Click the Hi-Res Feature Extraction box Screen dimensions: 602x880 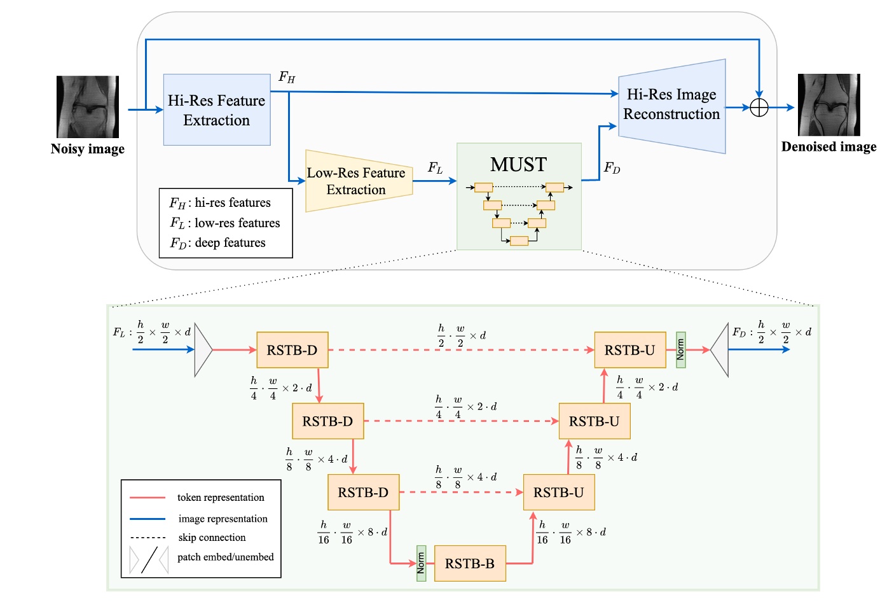tap(217, 109)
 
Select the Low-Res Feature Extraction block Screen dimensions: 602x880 tap(358, 181)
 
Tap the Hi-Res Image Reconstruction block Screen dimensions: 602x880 tap(672, 105)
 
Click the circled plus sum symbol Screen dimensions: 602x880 tap(759, 108)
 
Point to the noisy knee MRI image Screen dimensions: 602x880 tap(88, 107)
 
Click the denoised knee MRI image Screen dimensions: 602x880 tap(828, 105)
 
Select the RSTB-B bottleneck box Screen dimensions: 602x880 tap(470, 563)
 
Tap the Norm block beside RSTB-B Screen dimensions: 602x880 tap(421, 563)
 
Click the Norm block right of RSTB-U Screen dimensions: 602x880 tap(680, 350)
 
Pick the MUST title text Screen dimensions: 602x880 tap(518, 165)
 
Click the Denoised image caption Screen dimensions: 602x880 tap(828, 147)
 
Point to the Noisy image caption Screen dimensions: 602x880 tap(88, 149)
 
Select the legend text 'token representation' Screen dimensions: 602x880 tap(221, 498)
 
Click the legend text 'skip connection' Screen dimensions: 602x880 tap(212, 538)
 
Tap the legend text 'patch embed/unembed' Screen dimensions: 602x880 tap(225, 557)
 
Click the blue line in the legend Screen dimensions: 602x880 tap(148, 519)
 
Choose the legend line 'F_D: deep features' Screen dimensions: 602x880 tap(217, 243)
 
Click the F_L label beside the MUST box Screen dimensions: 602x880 tap(435, 168)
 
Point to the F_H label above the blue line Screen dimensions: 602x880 tap(287, 78)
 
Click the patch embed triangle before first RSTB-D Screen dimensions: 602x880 tap(203, 350)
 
